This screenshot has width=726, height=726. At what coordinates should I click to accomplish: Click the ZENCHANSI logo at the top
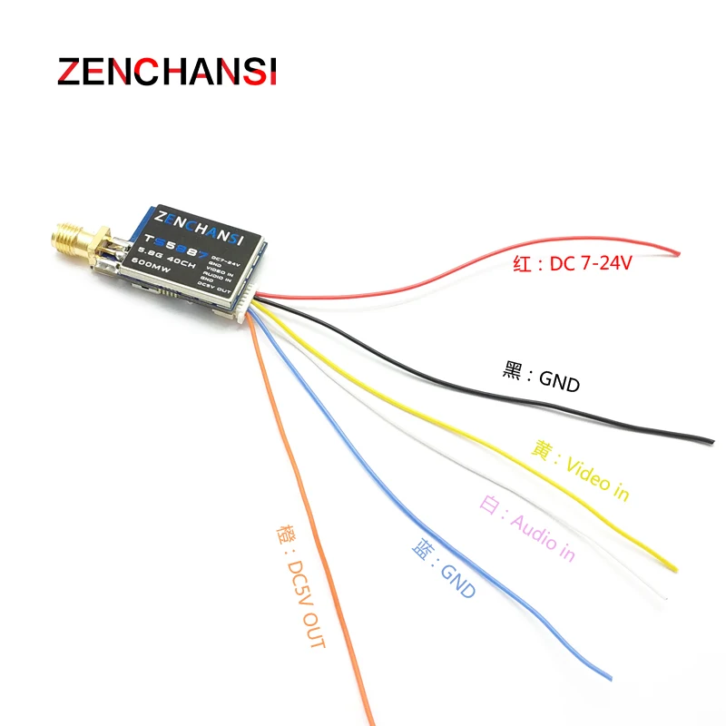tap(168, 72)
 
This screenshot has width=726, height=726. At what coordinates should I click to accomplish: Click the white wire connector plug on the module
tap(247, 305)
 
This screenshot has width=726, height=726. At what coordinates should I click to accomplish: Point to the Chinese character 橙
tap(278, 536)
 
